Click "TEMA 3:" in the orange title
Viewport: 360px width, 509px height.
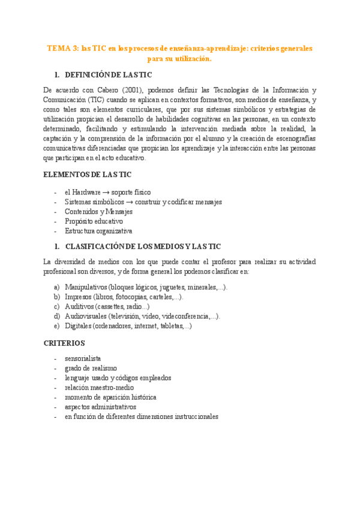(63, 48)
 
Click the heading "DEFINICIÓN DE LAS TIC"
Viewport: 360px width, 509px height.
(108, 75)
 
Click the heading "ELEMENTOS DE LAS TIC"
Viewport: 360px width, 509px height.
(87, 175)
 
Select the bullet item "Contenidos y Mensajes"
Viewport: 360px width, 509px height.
(98, 212)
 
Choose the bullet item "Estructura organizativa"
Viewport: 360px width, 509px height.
(98, 231)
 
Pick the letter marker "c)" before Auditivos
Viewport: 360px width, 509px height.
(56, 307)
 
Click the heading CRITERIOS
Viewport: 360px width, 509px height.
(64, 343)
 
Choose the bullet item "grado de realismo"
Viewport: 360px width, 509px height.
(91, 369)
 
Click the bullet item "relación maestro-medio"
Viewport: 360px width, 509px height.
(100, 388)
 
